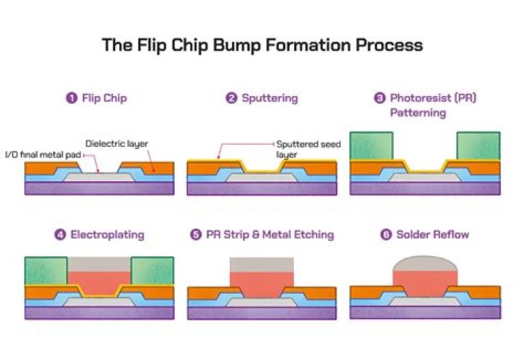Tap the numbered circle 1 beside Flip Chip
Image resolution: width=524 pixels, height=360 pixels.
72,98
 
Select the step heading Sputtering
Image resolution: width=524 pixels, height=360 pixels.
269,98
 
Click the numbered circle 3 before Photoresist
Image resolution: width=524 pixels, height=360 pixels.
379,97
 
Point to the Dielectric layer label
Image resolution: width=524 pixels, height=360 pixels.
116,143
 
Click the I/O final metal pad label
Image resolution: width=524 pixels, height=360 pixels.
36,153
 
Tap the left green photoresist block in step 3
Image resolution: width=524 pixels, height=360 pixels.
371,146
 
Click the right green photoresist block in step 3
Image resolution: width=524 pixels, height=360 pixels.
478,146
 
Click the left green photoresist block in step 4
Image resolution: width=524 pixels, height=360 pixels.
46,271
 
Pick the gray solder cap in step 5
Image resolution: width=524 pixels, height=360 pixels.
261,264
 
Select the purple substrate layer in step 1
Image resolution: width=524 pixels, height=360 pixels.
99,188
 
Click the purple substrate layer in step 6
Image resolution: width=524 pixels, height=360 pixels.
425,313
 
